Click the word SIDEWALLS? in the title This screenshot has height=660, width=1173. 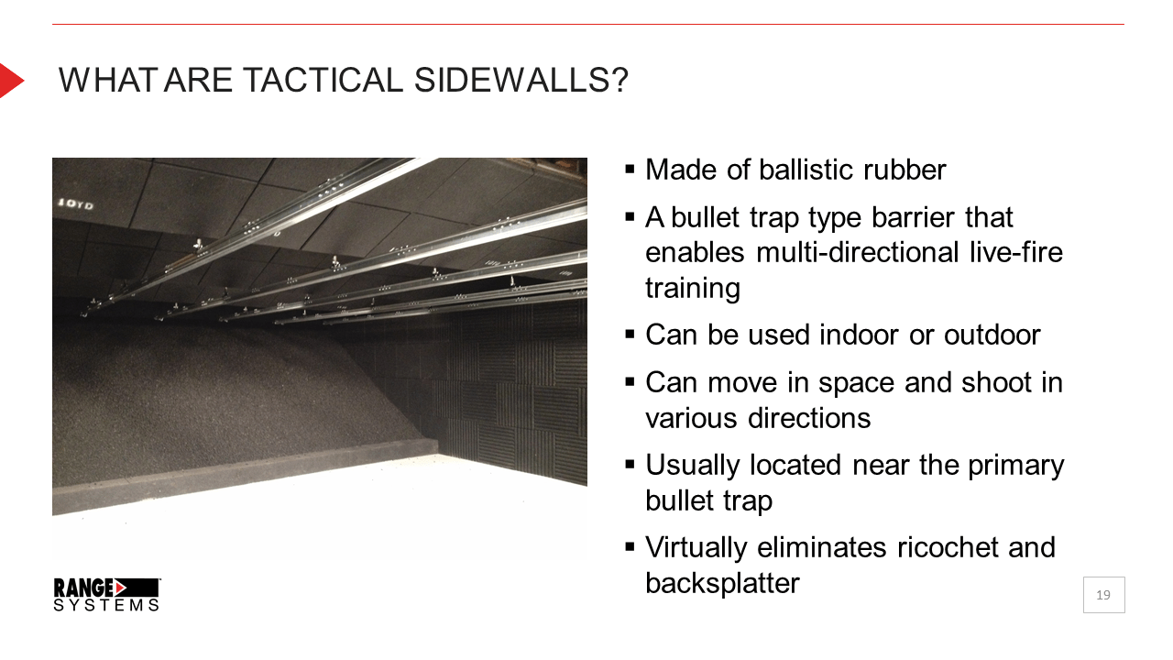tap(521, 80)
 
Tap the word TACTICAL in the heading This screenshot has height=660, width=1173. tap(323, 80)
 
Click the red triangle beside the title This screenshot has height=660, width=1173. tap(12, 81)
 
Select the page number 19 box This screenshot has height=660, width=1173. tap(1104, 595)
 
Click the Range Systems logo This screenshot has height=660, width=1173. tap(107, 595)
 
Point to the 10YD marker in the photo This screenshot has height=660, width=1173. tap(75, 203)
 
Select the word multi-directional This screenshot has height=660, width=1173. tap(858, 252)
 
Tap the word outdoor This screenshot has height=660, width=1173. tap(992, 335)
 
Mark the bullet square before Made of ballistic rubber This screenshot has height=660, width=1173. tap(630, 170)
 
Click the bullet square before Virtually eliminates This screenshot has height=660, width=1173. tap(630, 547)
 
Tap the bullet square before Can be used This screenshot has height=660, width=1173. tap(630, 335)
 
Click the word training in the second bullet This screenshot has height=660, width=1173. tap(692, 289)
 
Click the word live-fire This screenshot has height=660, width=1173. tap(1016, 252)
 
